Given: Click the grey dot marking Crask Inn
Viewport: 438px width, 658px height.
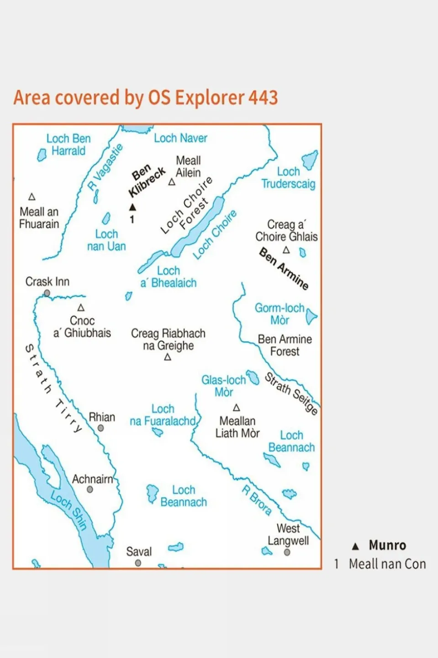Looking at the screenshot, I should click(x=47, y=293).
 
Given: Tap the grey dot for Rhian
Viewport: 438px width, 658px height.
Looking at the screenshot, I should click(x=100, y=428).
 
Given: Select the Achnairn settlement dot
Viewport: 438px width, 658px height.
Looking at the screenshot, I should click(x=90, y=489).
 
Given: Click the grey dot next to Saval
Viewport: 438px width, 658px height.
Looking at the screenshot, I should click(x=138, y=563).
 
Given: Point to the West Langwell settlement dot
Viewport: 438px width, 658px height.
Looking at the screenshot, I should click(x=287, y=552).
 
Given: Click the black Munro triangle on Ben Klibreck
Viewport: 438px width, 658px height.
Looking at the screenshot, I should click(x=132, y=207).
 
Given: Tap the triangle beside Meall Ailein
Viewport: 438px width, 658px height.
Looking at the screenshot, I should click(x=172, y=182).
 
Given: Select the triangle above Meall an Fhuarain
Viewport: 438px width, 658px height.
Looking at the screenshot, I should click(x=32, y=197).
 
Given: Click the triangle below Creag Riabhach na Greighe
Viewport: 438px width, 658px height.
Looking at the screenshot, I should click(x=168, y=357).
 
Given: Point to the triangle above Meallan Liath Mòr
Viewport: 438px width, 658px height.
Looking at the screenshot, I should click(x=237, y=407).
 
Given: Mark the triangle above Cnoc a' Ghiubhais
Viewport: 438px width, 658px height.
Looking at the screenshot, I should click(x=81, y=308).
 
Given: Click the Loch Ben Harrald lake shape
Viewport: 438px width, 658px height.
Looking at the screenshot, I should click(x=42, y=155).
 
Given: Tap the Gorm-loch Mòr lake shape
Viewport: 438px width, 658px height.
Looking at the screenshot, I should click(x=311, y=316).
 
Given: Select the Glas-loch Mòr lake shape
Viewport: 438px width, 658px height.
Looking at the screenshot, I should click(x=253, y=378).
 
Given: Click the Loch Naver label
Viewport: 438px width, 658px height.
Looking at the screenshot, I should click(x=180, y=138).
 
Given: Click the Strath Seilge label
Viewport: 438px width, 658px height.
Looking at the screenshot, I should click(x=291, y=393).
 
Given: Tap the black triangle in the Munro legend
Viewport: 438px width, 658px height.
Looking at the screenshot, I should click(x=355, y=546).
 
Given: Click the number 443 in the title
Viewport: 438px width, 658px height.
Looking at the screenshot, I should click(x=263, y=97).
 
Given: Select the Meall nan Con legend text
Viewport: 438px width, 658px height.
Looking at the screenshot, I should click(x=387, y=564).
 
